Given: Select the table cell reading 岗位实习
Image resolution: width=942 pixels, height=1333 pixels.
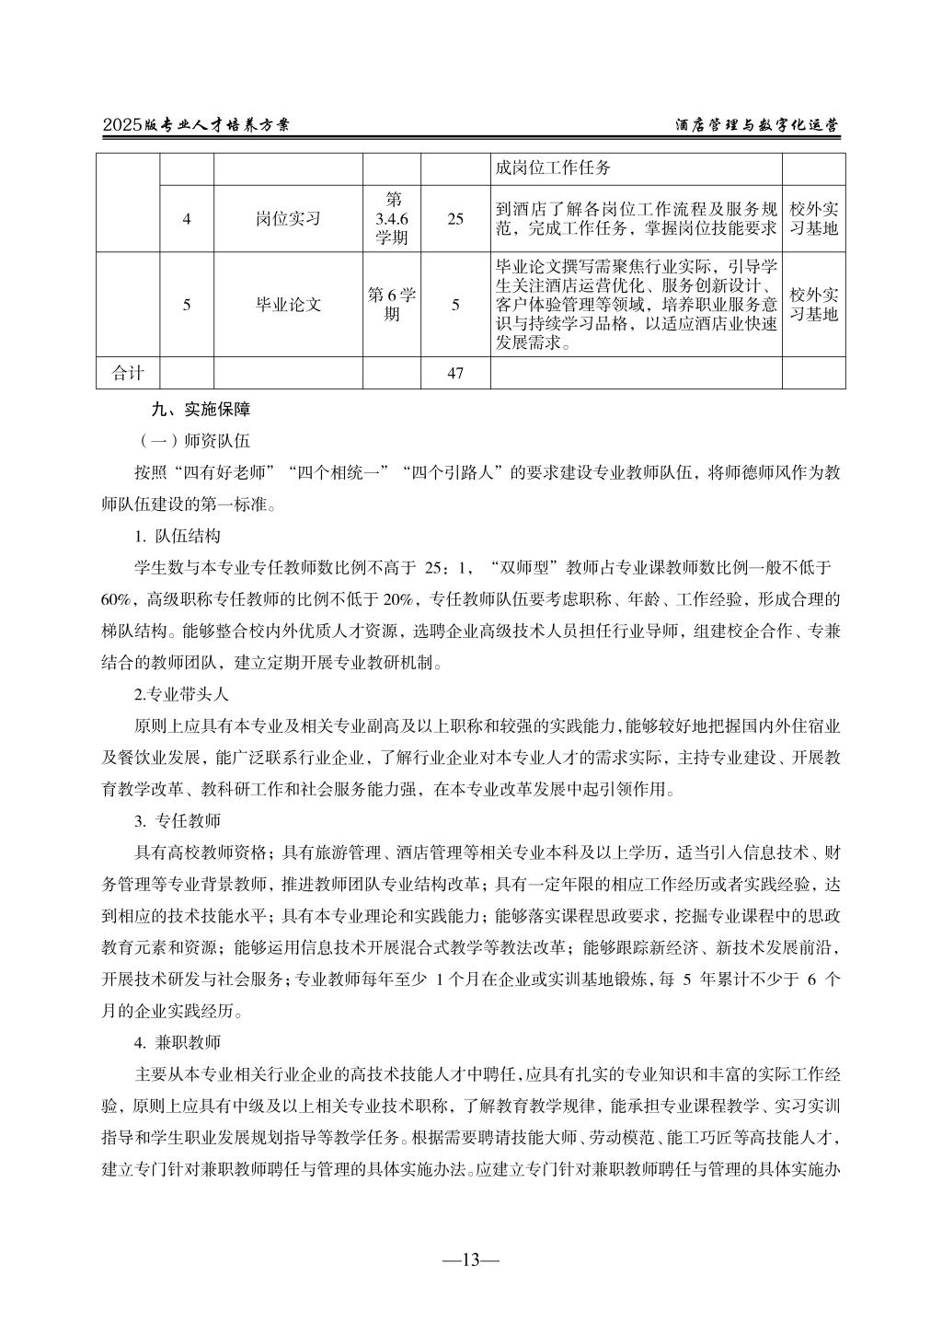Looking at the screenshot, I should (x=288, y=219).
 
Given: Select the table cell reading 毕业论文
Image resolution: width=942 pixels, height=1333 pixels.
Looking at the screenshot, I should (x=288, y=304).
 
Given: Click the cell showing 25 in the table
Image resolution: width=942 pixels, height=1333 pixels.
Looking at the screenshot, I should (x=455, y=219).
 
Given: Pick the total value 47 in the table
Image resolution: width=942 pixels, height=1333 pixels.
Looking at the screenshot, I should (x=455, y=373).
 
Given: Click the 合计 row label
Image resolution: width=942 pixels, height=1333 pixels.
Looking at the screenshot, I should (x=129, y=373).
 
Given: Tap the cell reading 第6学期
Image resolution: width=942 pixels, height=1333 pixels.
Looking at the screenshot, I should (x=392, y=304).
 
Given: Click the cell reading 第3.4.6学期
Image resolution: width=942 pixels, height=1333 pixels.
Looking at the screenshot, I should (x=392, y=219).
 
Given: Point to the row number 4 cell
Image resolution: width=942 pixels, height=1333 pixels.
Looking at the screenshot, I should (x=187, y=219).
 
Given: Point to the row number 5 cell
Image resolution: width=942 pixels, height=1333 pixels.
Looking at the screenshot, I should (x=187, y=304).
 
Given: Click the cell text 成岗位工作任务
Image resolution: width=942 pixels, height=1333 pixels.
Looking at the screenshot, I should (x=552, y=168).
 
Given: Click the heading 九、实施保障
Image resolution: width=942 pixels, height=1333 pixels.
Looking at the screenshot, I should (x=201, y=410).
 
